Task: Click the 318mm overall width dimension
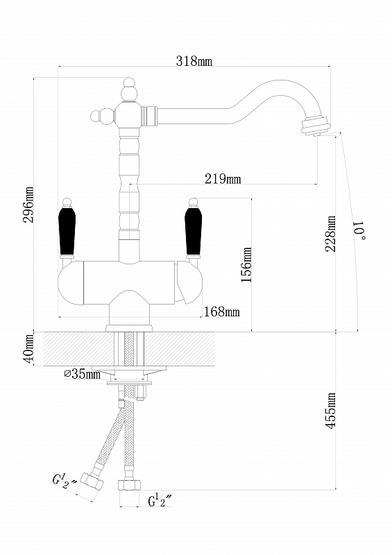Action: click(x=194, y=61)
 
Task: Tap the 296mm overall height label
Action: click(x=28, y=205)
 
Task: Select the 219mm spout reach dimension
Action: click(x=223, y=179)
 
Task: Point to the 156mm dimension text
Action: click(x=246, y=264)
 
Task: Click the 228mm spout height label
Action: click(x=331, y=234)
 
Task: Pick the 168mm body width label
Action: click(x=222, y=311)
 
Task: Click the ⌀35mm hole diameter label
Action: click(x=82, y=373)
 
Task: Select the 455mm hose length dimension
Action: click(x=331, y=411)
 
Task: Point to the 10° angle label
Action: click(x=359, y=230)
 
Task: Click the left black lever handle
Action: click(x=67, y=231)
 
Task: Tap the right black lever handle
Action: click(x=194, y=231)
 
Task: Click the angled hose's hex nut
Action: click(x=92, y=481)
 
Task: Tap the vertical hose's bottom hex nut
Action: click(x=129, y=484)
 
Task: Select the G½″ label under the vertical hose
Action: click(x=160, y=500)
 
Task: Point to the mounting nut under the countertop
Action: click(x=129, y=370)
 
